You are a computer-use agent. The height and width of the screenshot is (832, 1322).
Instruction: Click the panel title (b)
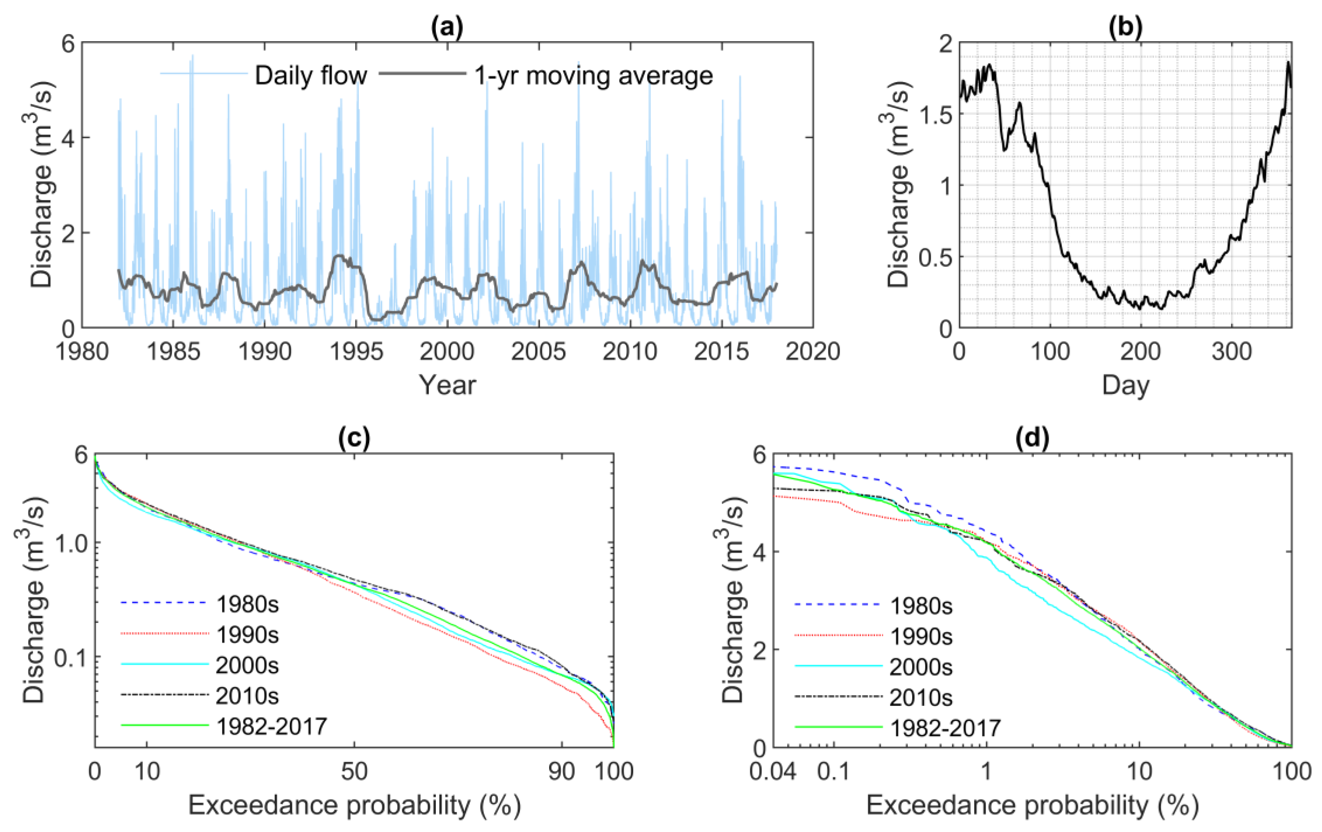click(1125, 28)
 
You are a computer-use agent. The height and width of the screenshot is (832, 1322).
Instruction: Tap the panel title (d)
click(1032, 439)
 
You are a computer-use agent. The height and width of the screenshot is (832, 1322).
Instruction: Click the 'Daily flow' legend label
click(311, 76)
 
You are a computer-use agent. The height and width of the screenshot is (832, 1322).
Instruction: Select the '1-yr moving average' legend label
click(593, 76)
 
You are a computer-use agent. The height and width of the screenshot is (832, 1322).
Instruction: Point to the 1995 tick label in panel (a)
click(356, 352)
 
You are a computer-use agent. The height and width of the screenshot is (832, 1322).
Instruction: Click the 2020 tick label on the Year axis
click(813, 352)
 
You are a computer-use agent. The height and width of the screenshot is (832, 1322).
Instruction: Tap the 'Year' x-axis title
click(448, 385)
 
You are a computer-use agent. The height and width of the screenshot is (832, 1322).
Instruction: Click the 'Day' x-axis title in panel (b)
click(1125, 386)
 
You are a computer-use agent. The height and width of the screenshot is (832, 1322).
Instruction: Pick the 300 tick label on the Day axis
click(1231, 352)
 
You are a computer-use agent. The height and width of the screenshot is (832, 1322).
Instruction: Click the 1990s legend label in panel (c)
click(248, 635)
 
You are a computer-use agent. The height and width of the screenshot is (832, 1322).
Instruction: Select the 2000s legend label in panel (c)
click(248, 666)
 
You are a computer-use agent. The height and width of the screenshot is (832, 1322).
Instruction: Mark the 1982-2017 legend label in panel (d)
click(945, 728)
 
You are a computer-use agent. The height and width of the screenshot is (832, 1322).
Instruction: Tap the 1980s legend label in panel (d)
click(921, 606)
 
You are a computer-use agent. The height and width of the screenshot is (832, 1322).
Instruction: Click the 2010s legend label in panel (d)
click(921, 697)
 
